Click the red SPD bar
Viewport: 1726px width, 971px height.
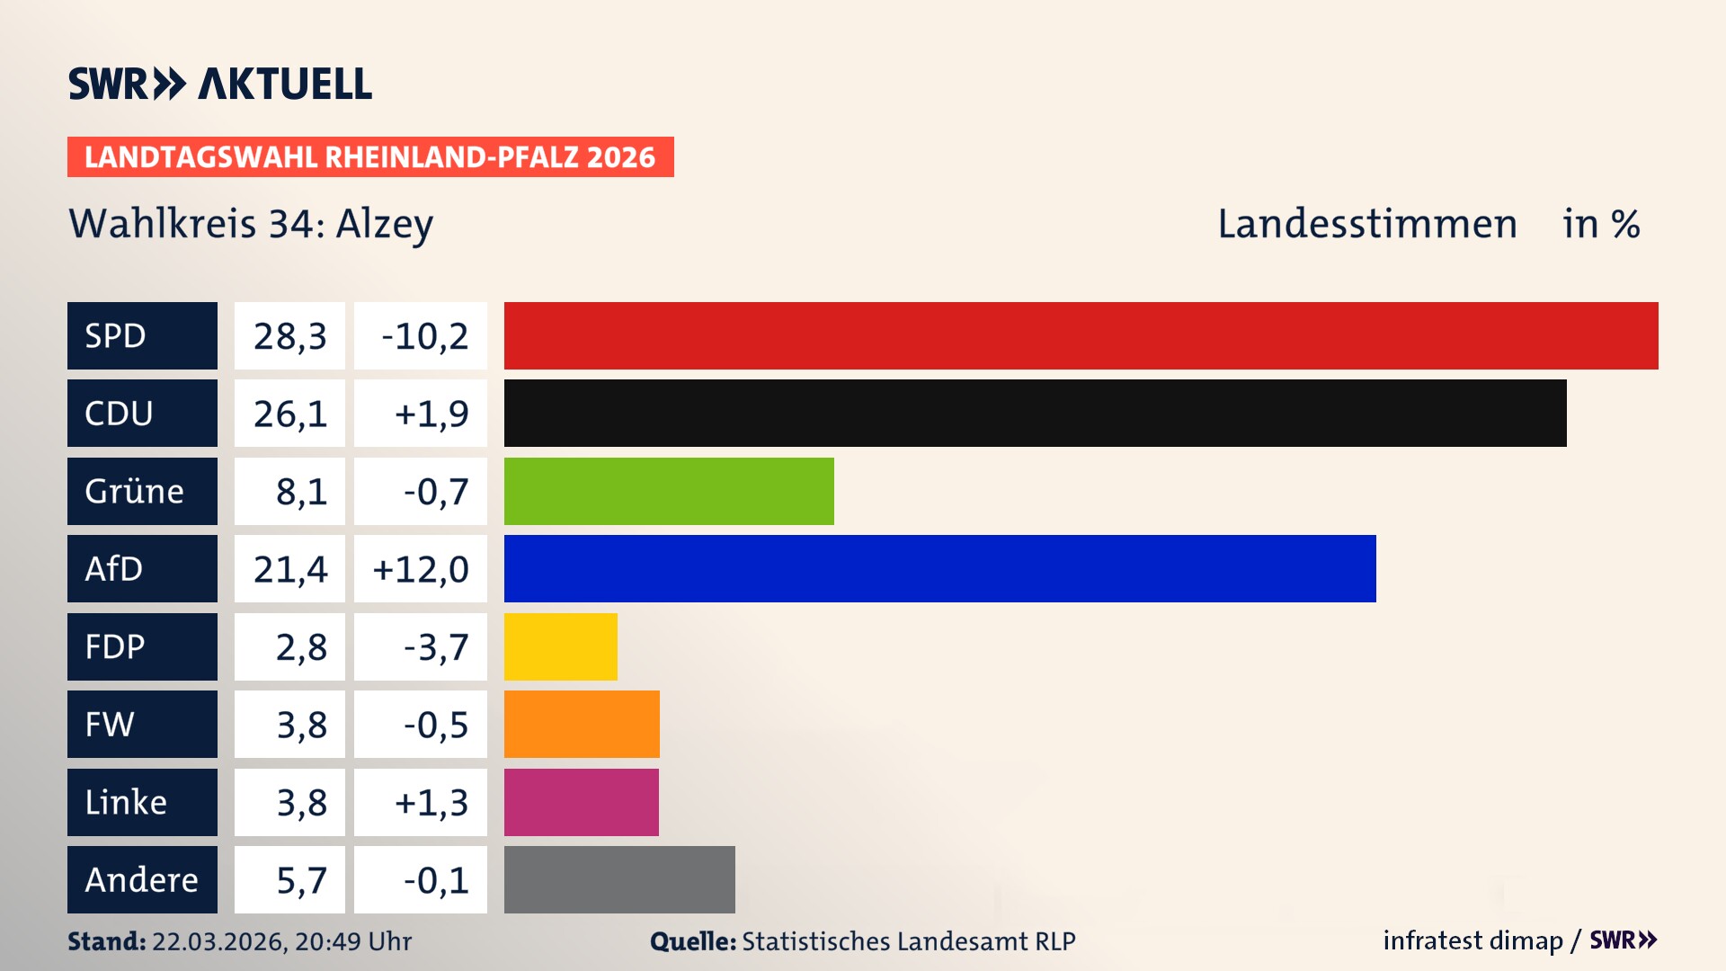click(1081, 335)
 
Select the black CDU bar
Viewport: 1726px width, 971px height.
click(1035, 414)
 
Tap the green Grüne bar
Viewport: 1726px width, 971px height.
click(669, 491)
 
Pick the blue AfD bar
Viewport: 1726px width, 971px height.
click(939, 569)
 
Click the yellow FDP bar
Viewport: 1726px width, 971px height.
click(560, 646)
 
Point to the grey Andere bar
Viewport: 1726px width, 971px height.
click(619, 879)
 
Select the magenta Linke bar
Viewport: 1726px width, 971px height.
click(581, 802)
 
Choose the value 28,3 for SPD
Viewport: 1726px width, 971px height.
click(289, 336)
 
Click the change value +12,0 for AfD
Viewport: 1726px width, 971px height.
click(420, 569)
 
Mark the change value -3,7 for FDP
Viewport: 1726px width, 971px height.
click(435, 647)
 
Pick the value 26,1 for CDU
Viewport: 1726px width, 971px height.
click(289, 414)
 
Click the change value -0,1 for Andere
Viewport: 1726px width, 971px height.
click(435, 880)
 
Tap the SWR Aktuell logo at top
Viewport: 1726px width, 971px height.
click(219, 84)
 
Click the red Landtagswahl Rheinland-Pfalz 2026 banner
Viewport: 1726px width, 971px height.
click(369, 157)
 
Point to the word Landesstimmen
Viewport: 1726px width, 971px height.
click(1366, 224)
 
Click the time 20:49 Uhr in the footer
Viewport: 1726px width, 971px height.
click(352, 941)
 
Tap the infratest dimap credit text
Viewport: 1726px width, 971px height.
click(1472, 940)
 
